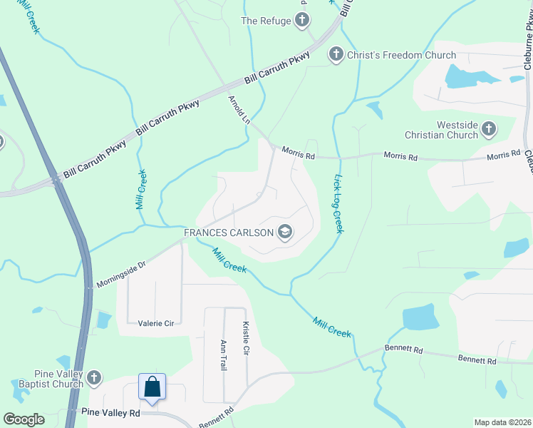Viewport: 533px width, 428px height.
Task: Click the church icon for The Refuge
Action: (302, 21)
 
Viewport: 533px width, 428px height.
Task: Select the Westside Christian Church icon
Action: (489, 129)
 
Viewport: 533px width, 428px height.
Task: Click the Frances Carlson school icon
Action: (285, 233)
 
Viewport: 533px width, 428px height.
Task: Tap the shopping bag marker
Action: (152, 387)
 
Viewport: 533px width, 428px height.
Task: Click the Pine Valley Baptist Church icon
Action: (94, 377)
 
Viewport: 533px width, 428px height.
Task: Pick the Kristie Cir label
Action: (246, 339)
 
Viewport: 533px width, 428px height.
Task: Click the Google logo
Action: (24, 419)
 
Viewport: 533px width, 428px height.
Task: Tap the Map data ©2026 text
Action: (502, 422)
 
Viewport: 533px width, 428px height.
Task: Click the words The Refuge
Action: (266, 21)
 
